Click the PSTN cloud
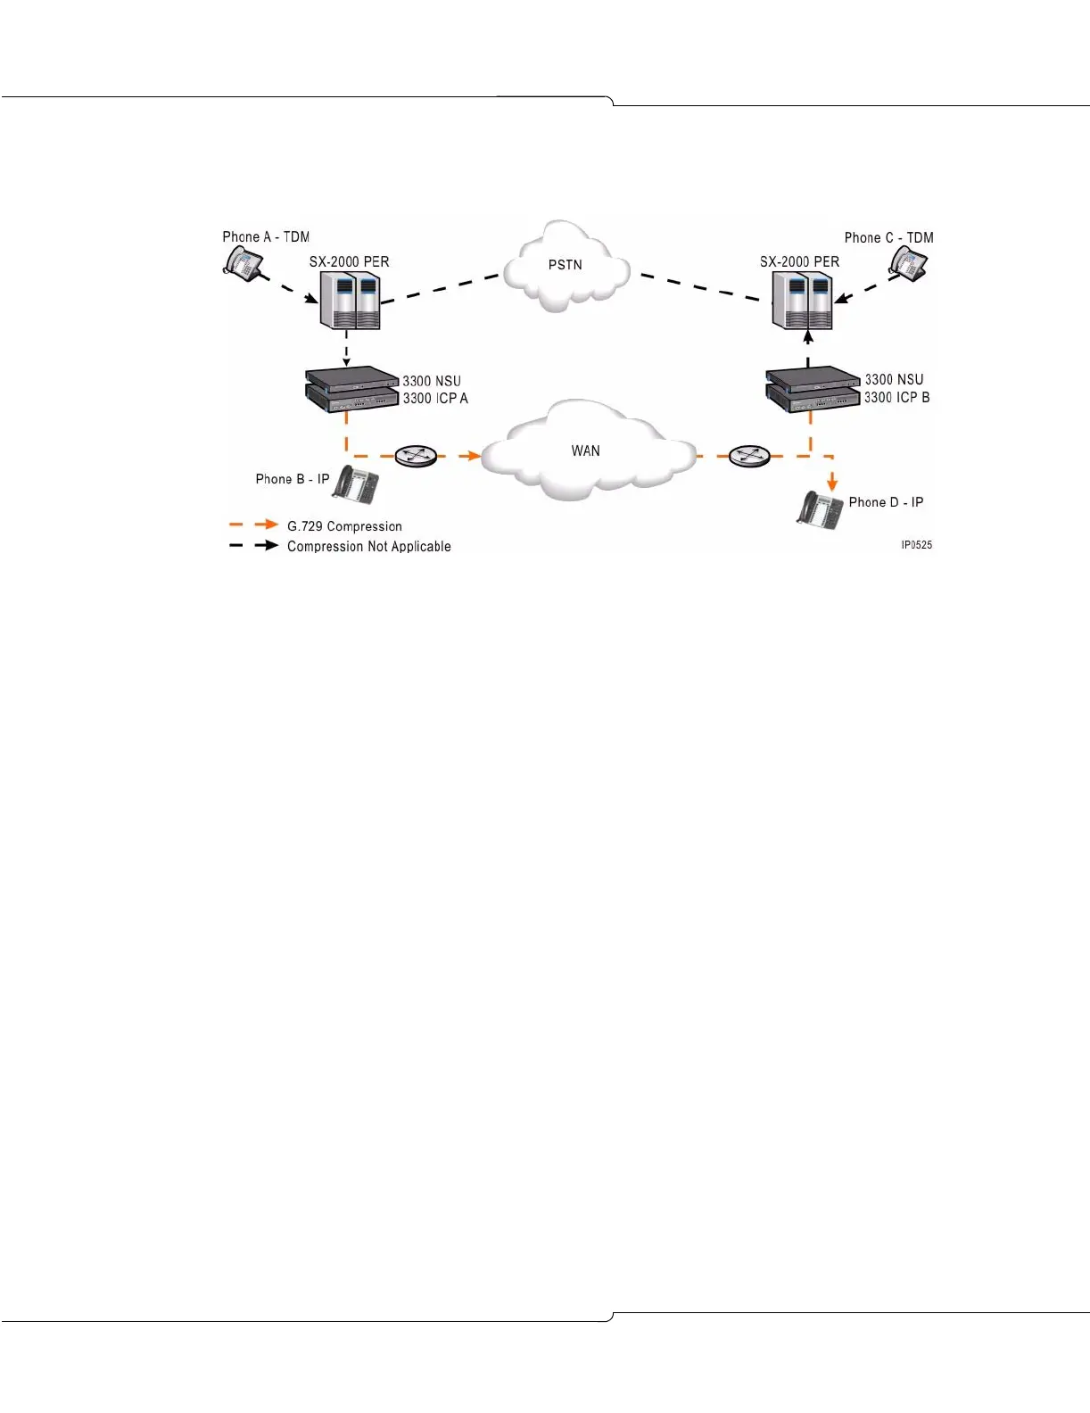[x=566, y=266]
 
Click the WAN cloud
[x=587, y=450]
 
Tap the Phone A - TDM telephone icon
[x=243, y=263]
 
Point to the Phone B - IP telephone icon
[x=356, y=485]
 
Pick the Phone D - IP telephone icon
[x=819, y=509]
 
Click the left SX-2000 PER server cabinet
[x=350, y=301]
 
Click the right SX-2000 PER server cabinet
[x=802, y=301]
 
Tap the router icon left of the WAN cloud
[x=415, y=456]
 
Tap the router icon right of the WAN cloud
[x=749, y=456]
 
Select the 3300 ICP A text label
[x=435, y=399]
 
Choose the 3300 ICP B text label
[x=896, y=398]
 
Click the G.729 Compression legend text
[x=344, y=526]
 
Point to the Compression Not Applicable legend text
[x=368, y=547]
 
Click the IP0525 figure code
[x=916, y=545]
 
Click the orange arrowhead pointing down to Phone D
[x=832, y=483]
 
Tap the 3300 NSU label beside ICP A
[x=432, y=381]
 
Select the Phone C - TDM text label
[x=888, y=238]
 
